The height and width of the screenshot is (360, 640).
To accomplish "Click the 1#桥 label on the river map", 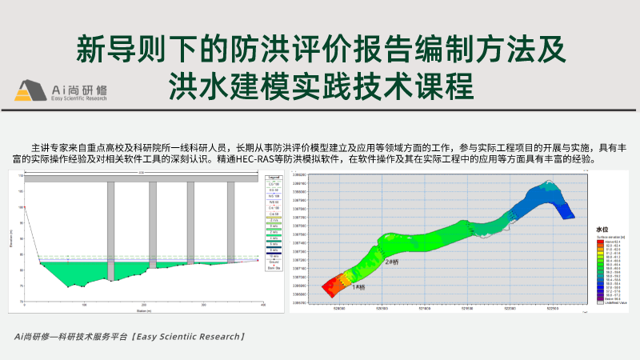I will click(x=358, y=287).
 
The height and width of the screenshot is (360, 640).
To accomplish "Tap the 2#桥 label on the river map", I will click(x=391, y=262).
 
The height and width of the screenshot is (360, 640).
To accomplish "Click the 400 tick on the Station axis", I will click(x=262, y=306).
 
